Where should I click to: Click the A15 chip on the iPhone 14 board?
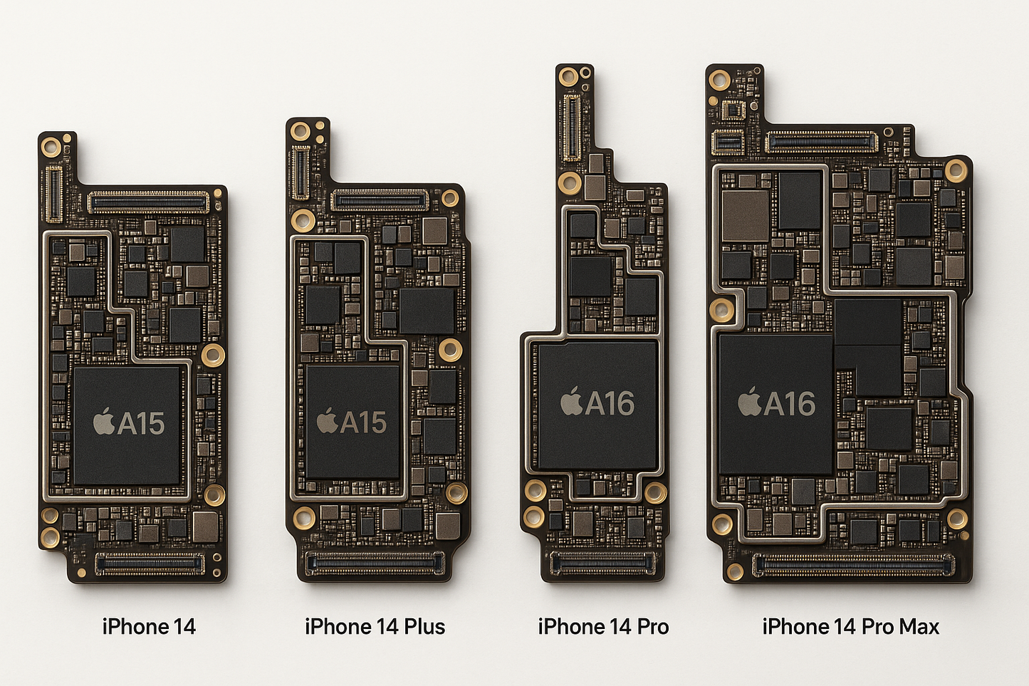pos(127,425)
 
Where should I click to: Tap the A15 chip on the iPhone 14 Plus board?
pos(352,422)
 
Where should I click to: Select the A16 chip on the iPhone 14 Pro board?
pos(597,404)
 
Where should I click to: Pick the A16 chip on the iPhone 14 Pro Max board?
pos(775,404)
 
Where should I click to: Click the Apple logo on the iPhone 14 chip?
pos(104,422)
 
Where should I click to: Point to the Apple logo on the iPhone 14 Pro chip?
pos(571,402)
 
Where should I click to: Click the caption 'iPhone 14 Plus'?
pos(375,627)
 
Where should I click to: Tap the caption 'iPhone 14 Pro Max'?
pos(850,627)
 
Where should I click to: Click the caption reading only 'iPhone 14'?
pos(149,627)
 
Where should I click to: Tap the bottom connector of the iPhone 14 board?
pos(150,564)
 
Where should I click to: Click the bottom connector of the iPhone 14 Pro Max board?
pos(854,566)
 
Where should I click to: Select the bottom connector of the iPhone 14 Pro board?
pos(602,563)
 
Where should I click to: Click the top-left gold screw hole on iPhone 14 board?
pos(51,147)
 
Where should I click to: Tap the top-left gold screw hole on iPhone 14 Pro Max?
pos(719,79)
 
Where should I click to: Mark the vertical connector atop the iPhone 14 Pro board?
pos(571,128)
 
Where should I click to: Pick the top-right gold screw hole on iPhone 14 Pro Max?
pos(956,170)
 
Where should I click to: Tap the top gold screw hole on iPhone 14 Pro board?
pos(568,77)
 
